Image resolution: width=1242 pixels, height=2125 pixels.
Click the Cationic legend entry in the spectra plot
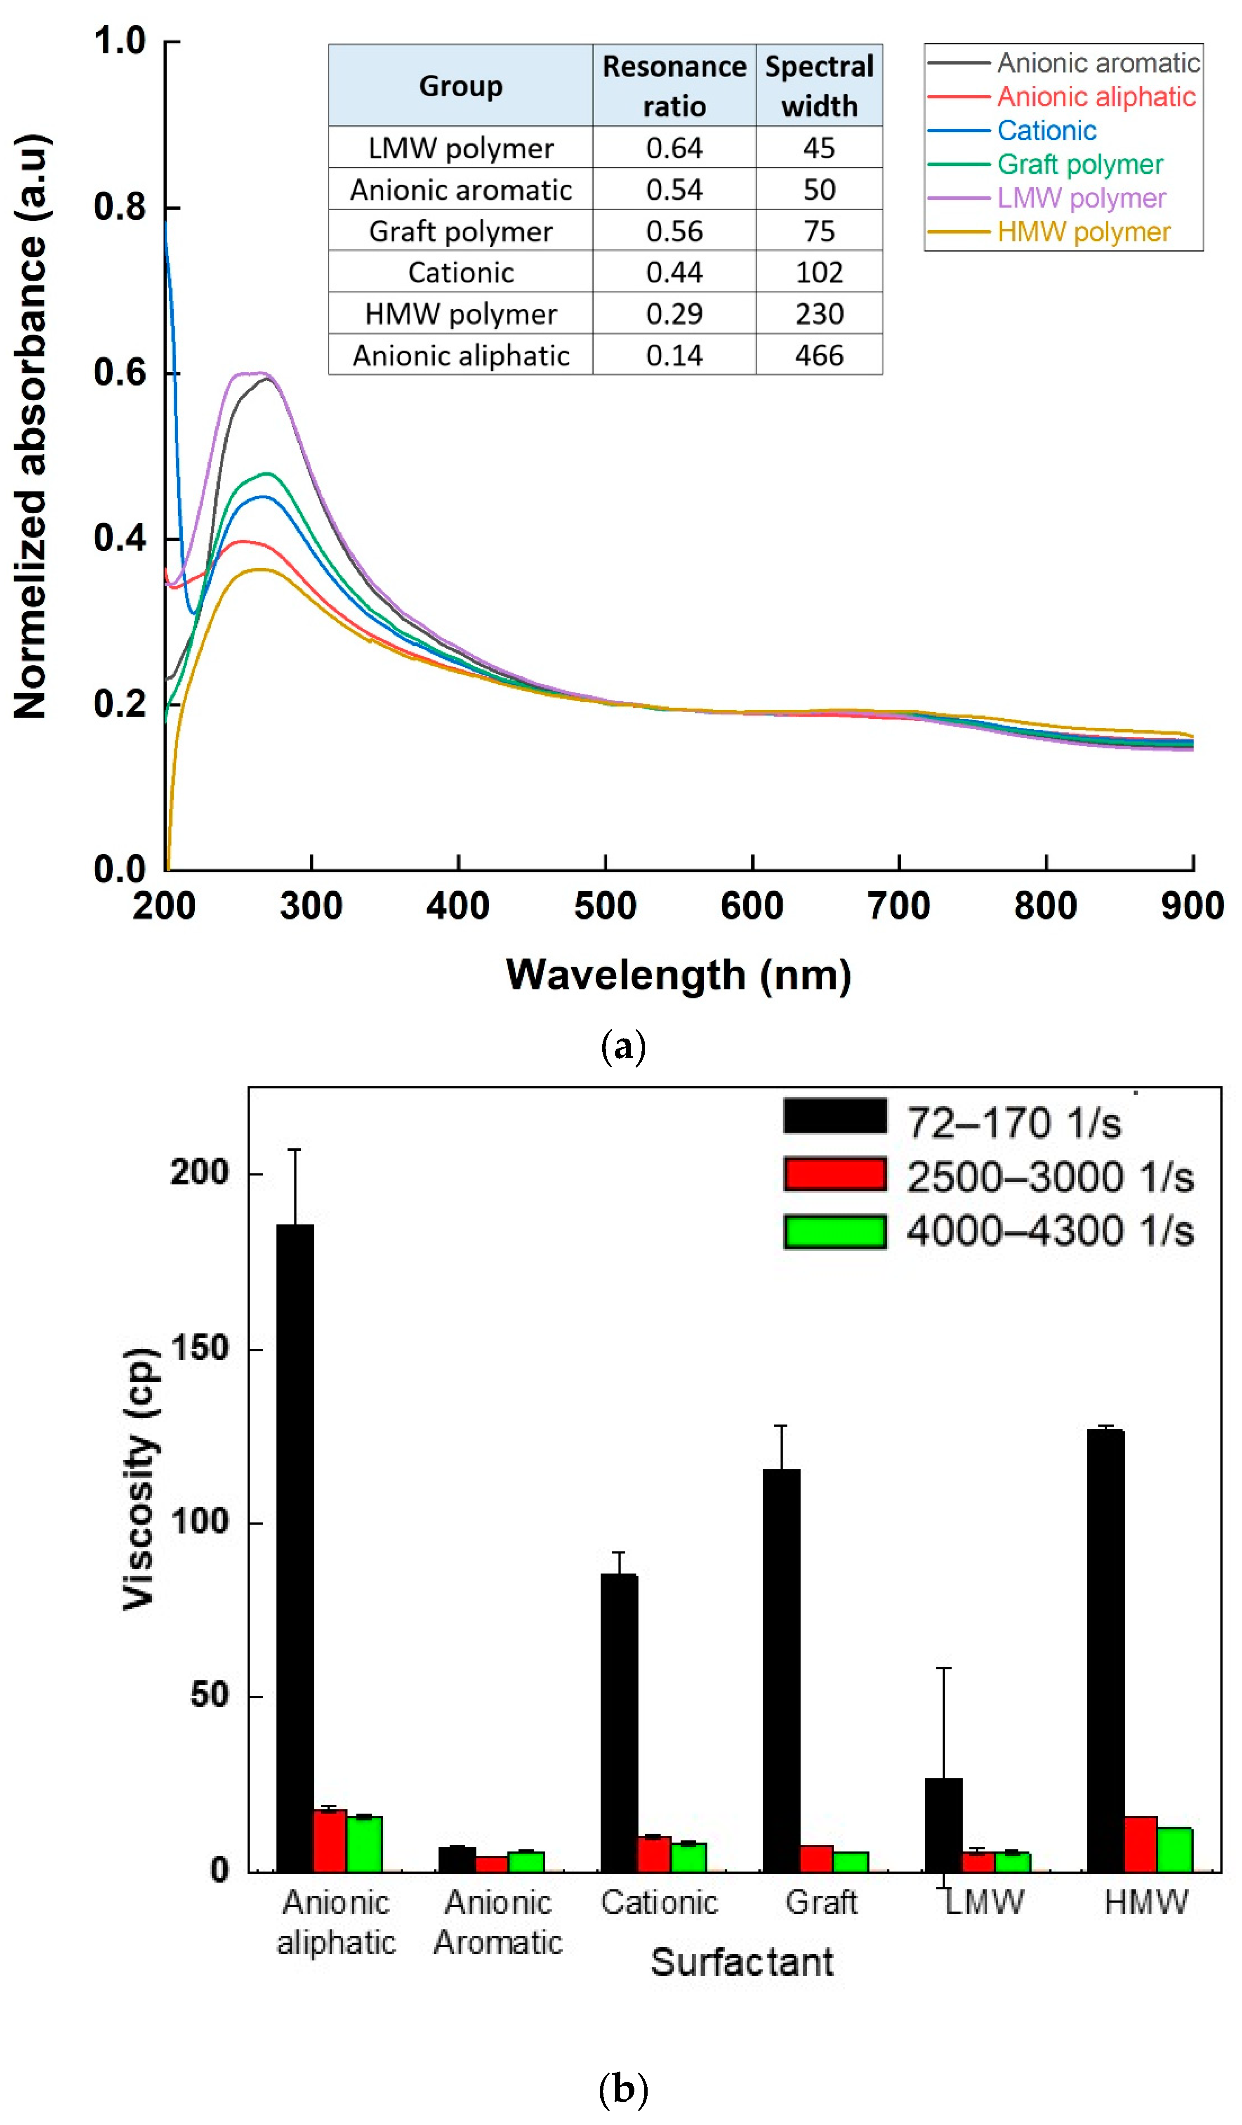coord(1046,131)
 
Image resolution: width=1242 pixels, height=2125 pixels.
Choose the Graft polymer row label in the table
coord(460,231)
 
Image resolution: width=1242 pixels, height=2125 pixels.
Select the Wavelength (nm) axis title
coord(678,975)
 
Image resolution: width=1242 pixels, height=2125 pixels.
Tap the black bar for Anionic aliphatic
coord(295,1551)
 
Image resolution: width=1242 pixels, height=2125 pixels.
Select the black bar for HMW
coord(1105,1653)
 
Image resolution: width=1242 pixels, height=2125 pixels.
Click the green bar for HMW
coord(1174,1850)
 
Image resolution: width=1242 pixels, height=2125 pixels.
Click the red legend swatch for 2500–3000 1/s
coord(834,1175)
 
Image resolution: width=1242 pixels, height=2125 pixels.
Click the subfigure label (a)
coord(623,1046)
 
